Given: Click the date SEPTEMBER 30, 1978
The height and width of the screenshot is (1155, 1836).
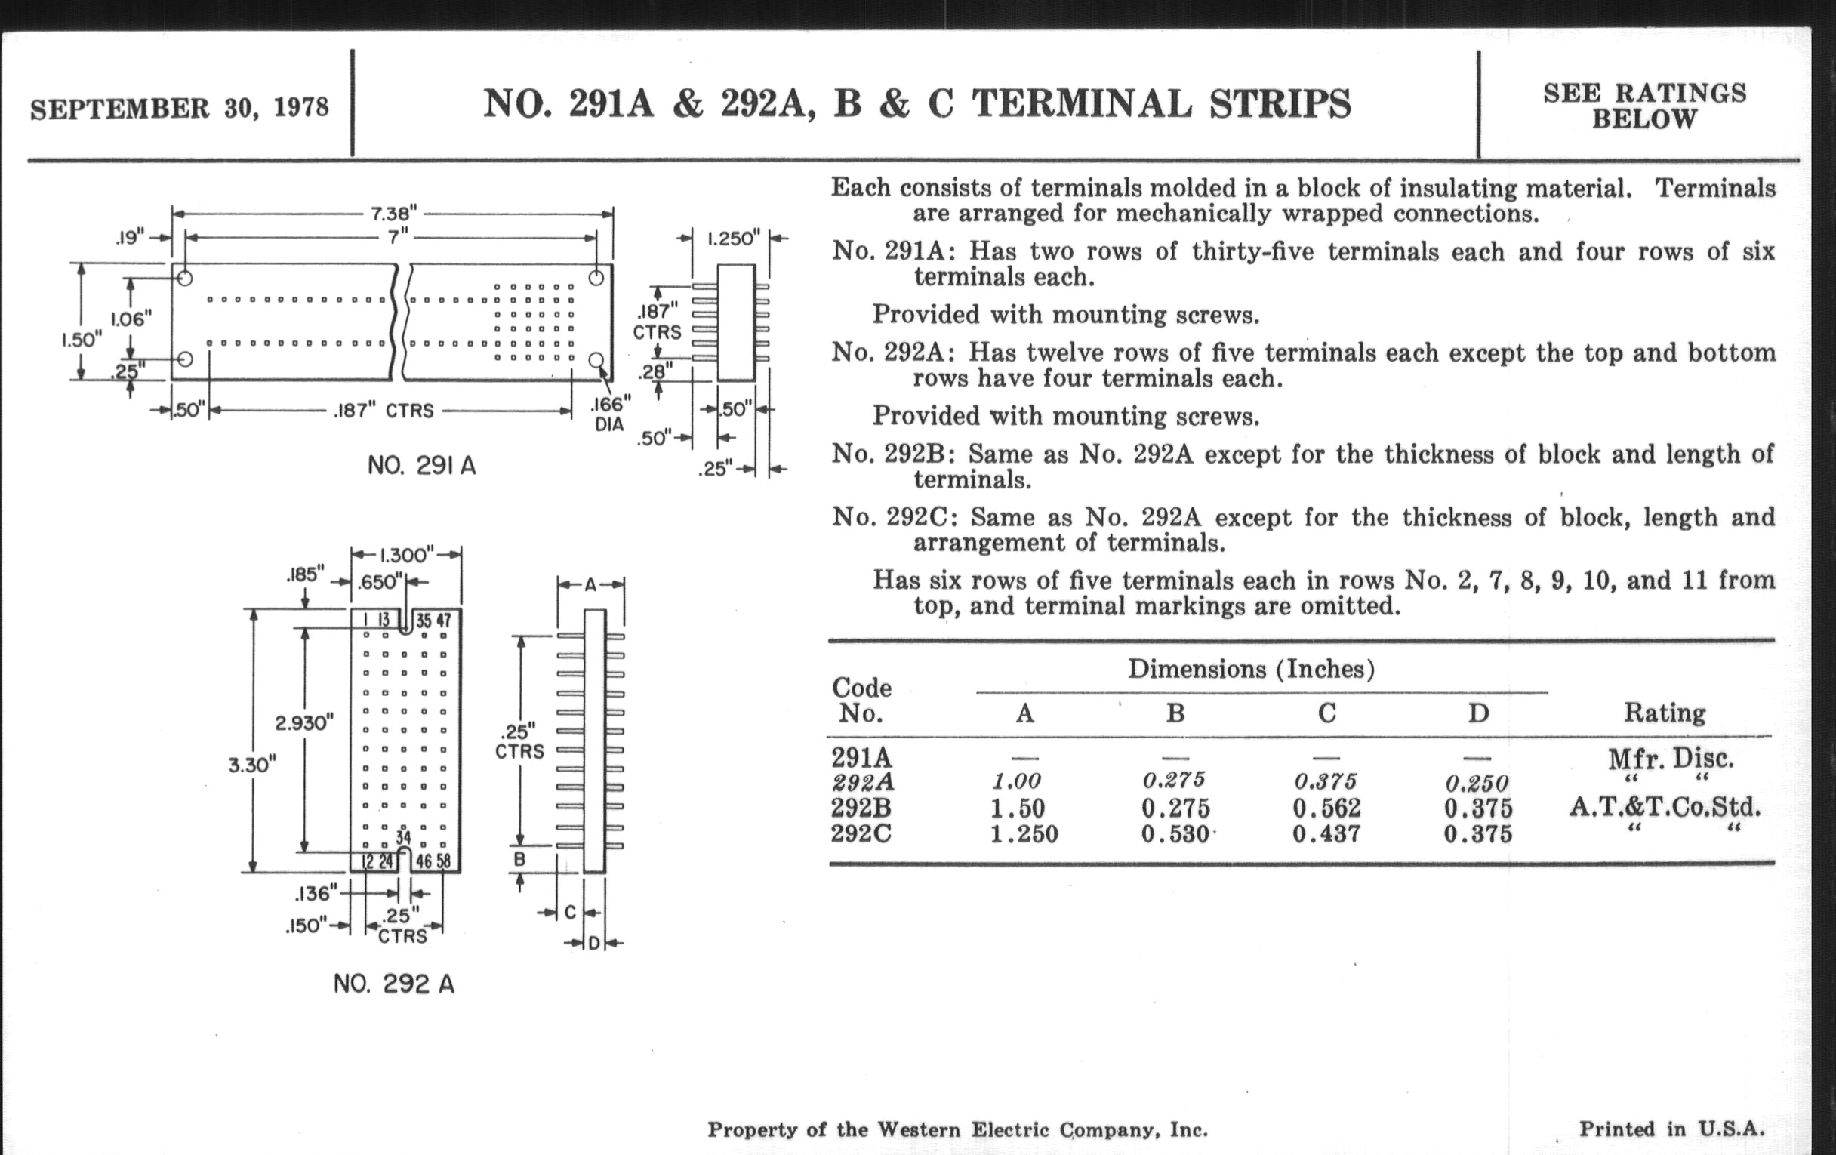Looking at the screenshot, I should pos(179,108).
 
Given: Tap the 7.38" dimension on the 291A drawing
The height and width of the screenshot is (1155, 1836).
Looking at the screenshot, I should pos(394,213).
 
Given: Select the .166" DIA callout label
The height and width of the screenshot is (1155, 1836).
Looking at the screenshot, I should pos(611,412).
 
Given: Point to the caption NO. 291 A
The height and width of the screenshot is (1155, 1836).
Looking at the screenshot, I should pos(422,465).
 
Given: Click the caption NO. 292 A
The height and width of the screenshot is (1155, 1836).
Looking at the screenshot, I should pos(393,984).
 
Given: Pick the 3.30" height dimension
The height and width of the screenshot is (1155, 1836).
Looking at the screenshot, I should pos(251,765).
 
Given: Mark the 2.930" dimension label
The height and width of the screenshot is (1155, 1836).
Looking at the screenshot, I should pos(304,722).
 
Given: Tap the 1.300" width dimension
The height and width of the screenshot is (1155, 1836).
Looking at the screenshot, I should pos(406,554).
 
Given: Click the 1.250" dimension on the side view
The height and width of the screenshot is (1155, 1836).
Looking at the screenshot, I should pos(733,238).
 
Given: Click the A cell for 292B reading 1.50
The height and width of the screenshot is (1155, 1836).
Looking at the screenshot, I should pos(1018,808).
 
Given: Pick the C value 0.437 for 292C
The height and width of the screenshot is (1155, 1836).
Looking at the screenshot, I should pos(1326,833).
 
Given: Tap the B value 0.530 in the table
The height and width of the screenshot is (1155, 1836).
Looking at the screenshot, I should pos(1175,833).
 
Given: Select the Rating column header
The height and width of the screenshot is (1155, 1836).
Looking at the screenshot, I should pos(1665,713).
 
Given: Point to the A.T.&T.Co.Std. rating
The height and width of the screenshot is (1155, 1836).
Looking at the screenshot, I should pos(1665,806).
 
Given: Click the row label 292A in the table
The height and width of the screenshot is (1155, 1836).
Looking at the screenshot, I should pos(862,783).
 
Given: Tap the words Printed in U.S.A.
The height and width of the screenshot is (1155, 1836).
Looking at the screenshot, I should pos(1671,1129).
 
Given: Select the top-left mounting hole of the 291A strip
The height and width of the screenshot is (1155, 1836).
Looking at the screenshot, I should pos(184,279).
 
